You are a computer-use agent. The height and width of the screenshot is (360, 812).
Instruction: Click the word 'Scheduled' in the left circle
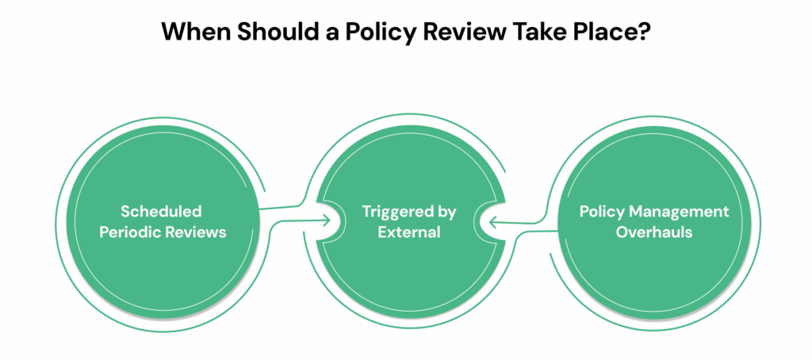tap(161, 211)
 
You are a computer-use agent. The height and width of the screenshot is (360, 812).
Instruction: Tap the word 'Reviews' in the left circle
tap(201, 232)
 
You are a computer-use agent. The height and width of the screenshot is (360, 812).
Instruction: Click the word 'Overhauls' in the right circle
tap(654, 232)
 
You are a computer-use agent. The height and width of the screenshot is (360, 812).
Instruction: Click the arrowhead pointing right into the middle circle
tap(326, 221)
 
